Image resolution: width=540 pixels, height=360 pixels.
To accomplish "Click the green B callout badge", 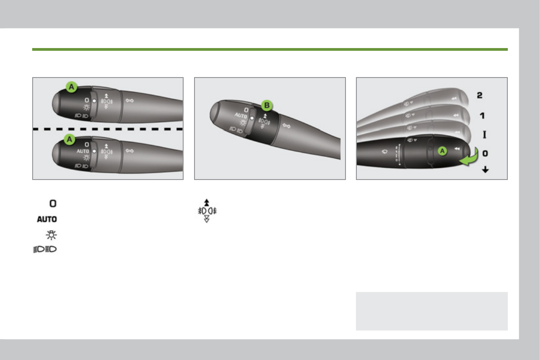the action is coord(267,106).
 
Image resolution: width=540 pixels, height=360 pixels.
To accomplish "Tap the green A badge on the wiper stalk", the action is coord(442,151).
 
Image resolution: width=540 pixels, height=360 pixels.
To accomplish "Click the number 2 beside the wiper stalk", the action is coord(479,95).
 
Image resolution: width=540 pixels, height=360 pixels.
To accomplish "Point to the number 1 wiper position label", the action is coord(482,116).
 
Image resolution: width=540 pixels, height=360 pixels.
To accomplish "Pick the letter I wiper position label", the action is coord(485,134).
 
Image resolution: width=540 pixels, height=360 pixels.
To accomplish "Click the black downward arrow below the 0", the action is coord(485,169).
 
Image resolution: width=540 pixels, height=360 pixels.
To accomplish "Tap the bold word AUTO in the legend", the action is coord(47,219).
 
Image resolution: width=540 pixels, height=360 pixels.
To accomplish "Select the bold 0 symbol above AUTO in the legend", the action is coord(53,203).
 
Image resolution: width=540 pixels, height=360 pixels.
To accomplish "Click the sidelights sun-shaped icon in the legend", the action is coord(51,235).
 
